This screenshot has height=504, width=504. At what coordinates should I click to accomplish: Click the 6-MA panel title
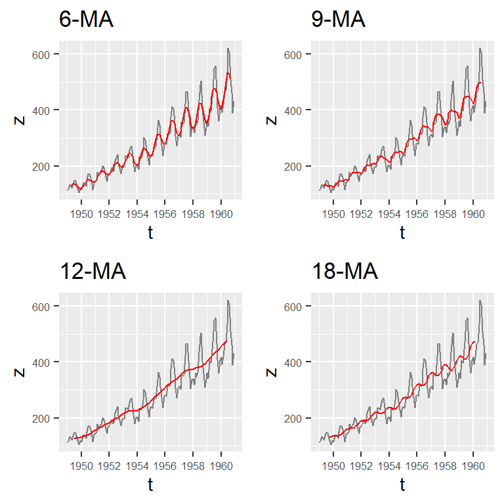[86, 20]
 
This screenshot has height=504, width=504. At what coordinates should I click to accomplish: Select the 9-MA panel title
[338, 20]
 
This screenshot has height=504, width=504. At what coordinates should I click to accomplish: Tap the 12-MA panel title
[93, 272]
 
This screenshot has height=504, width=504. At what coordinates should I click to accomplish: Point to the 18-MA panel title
[345, 272]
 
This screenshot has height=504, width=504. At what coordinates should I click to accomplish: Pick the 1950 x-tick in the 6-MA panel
[81, 213]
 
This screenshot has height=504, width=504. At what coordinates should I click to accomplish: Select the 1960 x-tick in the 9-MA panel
[473, 213]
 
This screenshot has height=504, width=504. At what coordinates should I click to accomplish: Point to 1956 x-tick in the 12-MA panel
[165, 465]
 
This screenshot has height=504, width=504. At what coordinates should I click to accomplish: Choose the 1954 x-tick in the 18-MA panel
[389, 465]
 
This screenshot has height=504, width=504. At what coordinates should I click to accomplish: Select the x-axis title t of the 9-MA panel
[402, 232]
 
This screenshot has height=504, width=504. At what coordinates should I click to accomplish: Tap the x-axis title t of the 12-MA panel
[150, 484]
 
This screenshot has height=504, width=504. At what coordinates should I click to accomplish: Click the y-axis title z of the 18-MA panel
[272, 372]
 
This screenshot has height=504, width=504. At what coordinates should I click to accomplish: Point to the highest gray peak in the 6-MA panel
[228, 48]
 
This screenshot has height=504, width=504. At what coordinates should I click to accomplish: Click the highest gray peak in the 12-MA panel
[228, 300]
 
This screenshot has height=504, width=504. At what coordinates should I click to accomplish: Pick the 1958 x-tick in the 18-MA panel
[445, 465]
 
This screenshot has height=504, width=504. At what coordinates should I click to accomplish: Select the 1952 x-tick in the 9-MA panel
[362, 213]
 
